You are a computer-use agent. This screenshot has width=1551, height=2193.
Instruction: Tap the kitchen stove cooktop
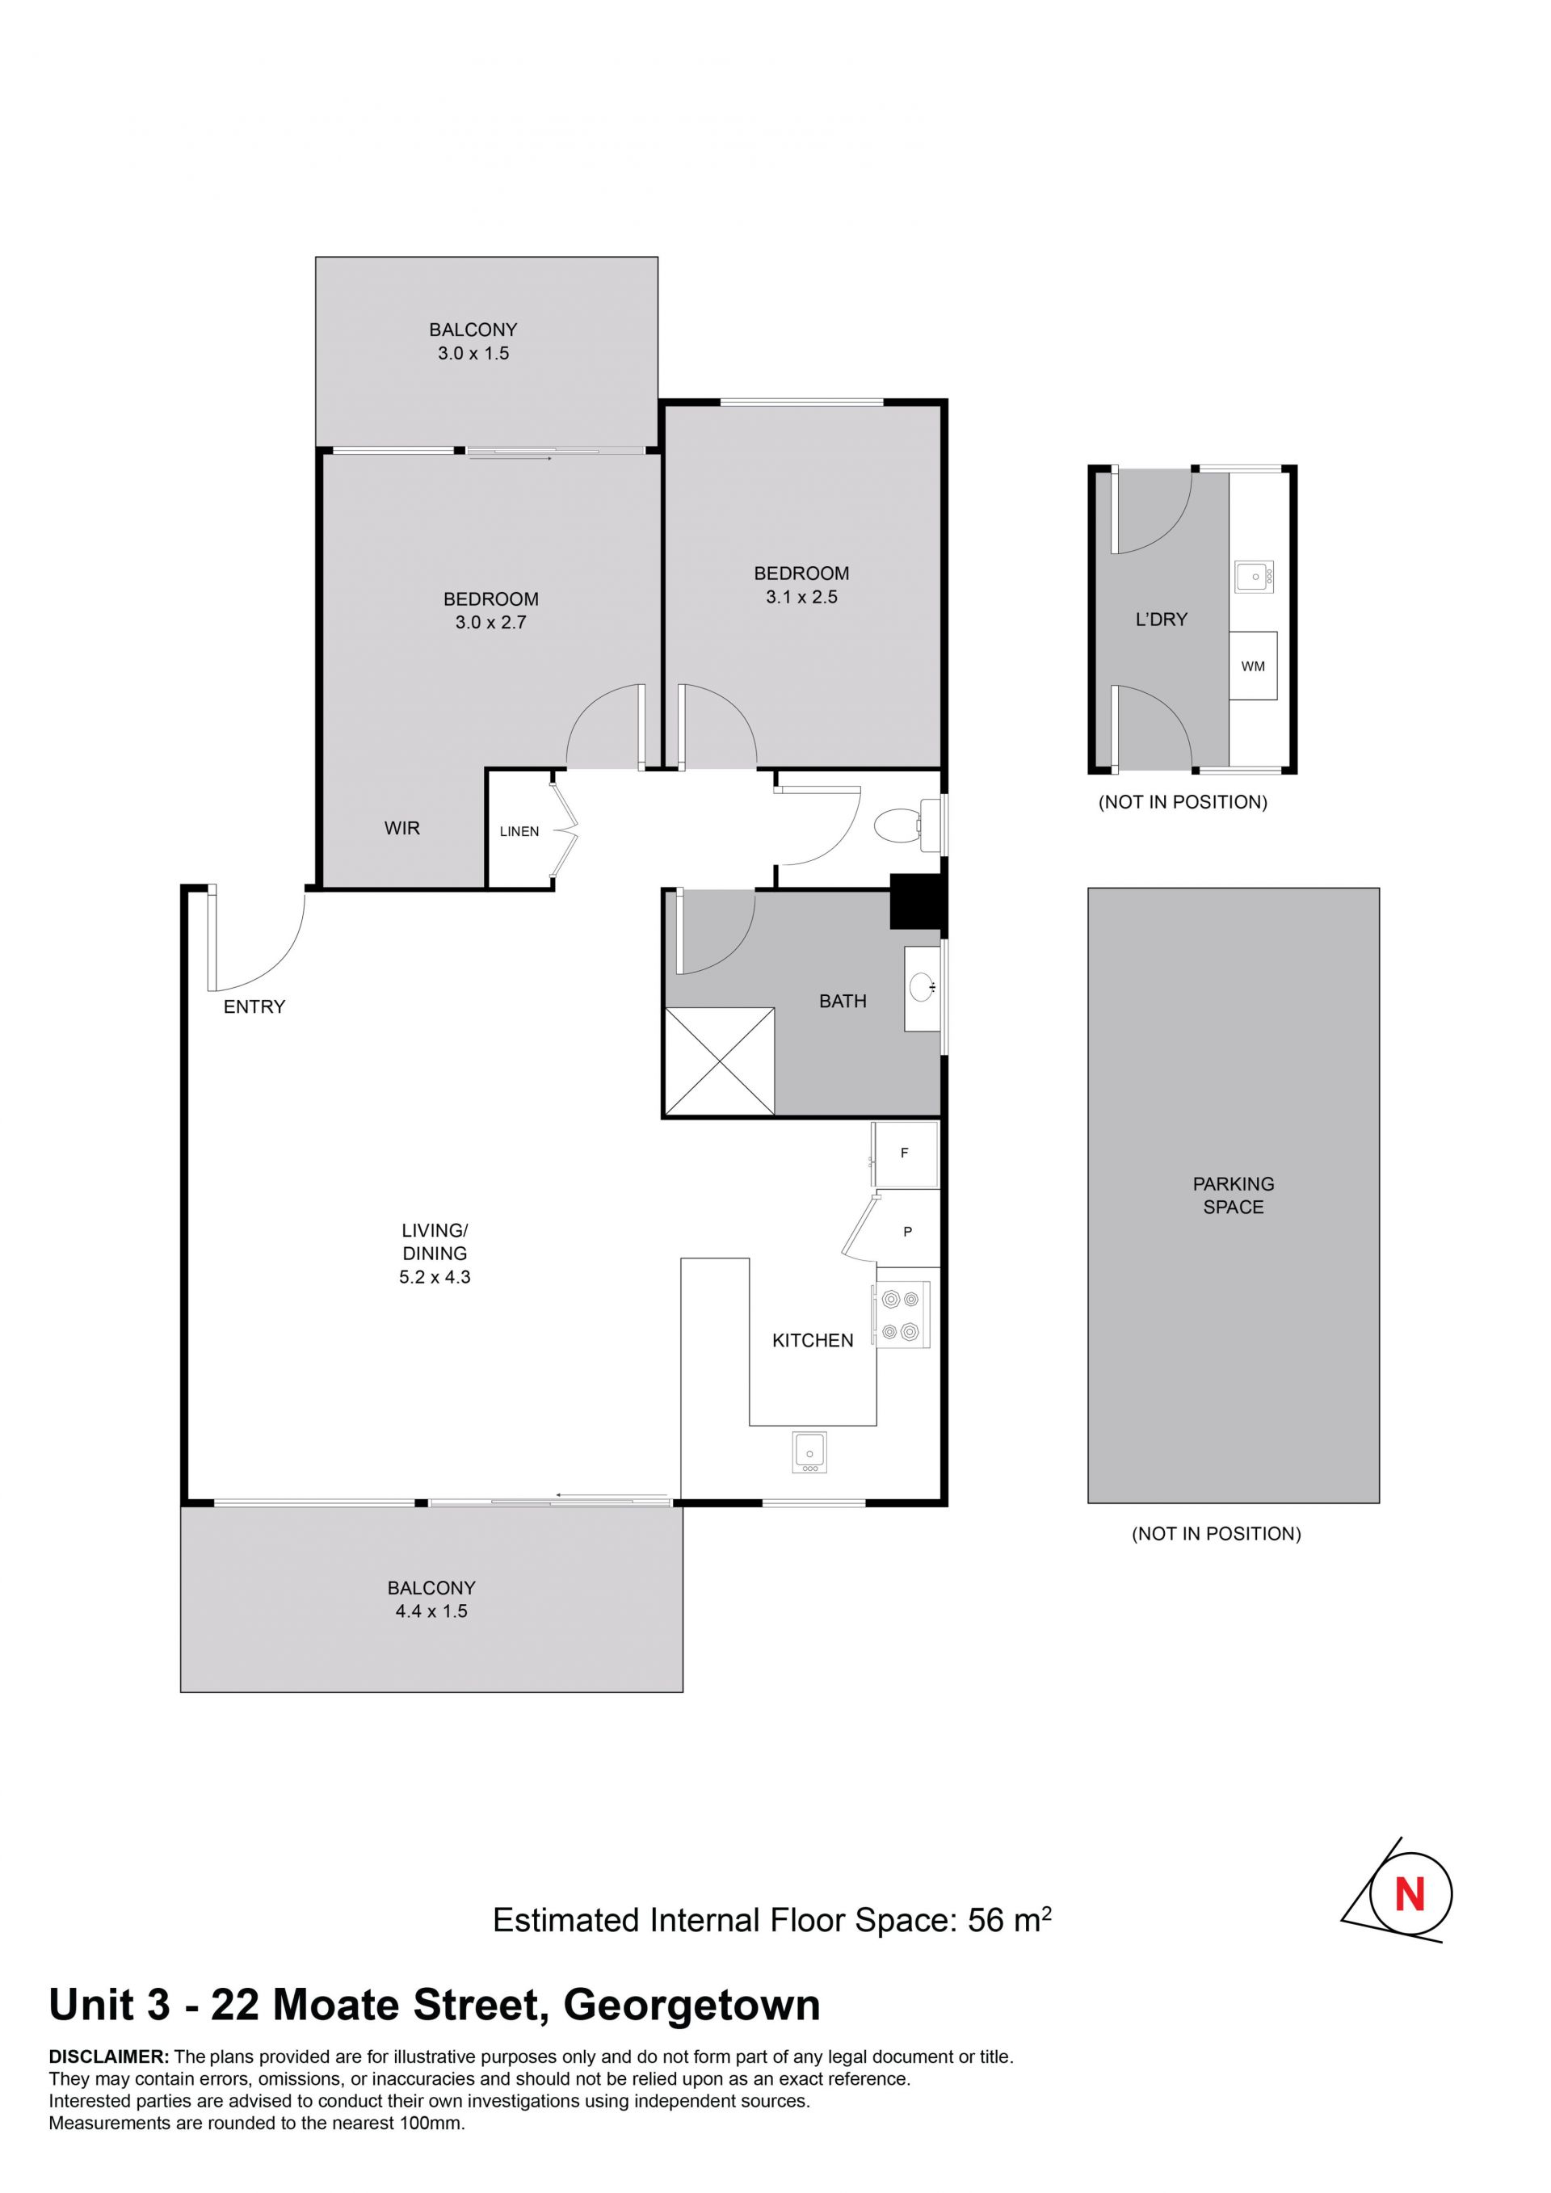(901, 1314)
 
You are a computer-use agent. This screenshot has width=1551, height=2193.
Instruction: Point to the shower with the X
(719, 1061)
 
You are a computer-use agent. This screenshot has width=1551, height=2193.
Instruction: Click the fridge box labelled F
(906, 1153)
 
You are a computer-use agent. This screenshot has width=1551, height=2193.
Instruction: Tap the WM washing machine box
(1252, 666)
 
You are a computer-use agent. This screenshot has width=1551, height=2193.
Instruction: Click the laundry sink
(1254, 577)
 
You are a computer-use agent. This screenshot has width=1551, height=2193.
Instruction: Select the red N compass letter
(1410, 1893)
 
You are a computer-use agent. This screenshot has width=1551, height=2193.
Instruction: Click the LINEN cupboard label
(519, 832)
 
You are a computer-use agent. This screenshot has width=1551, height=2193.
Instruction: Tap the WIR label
(402, 828)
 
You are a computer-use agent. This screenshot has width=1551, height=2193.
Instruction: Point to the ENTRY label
(254, 1006)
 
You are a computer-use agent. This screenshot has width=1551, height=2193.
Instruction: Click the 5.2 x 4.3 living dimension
(435, 1277)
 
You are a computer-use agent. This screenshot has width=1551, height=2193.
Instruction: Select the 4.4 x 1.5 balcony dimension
(431, 1611)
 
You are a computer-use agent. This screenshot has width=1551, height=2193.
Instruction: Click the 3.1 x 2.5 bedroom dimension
(801, 597)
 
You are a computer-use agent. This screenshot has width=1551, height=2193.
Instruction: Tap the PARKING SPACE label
(1233, 1195)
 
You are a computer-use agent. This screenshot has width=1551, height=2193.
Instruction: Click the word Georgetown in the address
(692, 2006)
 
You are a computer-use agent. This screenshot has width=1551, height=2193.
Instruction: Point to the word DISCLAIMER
(109, 2056)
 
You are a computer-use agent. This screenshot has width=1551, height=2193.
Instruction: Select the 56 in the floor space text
(986, 1920)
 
